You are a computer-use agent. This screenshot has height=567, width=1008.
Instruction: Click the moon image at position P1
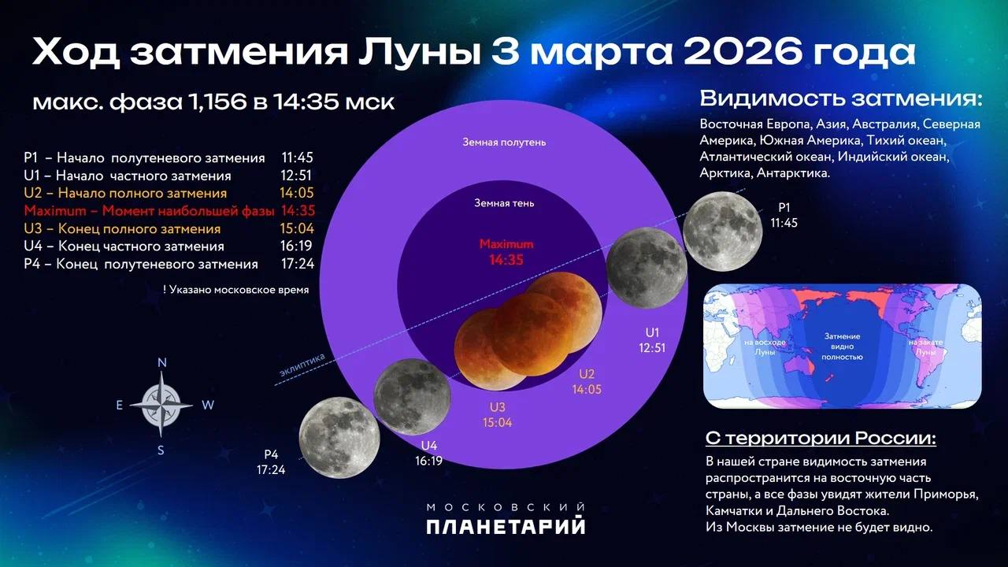722,231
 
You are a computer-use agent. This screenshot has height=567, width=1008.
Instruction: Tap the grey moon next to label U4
412,397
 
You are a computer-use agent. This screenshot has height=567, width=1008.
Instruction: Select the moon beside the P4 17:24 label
339,437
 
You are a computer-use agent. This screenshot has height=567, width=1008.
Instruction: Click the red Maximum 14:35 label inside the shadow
506,252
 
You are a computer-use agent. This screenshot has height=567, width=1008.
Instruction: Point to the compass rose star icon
161,405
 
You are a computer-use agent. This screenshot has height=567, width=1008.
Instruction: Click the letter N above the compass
162,363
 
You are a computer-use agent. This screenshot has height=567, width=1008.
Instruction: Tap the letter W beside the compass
208,406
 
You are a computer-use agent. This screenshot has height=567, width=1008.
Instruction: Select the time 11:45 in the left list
297,158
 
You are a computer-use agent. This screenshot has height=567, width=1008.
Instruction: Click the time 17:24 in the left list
297,265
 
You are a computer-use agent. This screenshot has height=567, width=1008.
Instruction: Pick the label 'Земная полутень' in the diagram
504,143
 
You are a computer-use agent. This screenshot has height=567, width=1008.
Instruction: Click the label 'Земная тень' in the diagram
504,203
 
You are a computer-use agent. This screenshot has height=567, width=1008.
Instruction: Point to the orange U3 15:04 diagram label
498,414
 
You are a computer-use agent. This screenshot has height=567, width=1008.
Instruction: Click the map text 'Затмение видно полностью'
842,346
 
